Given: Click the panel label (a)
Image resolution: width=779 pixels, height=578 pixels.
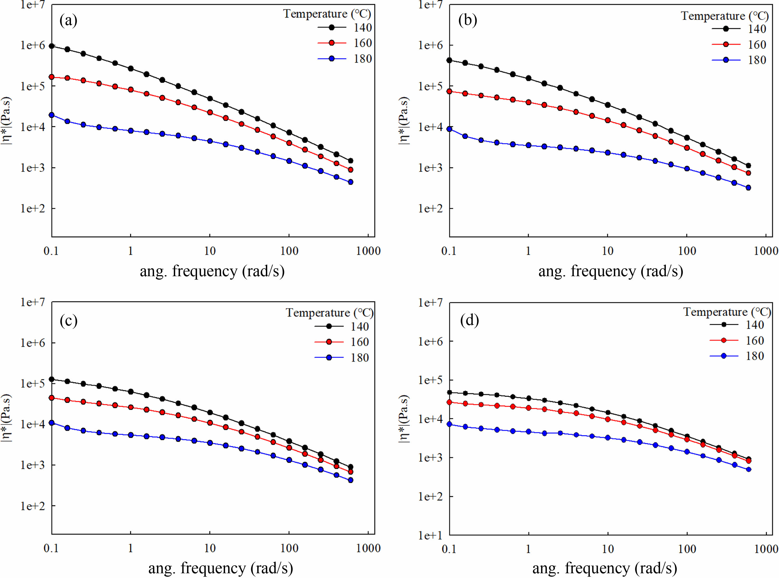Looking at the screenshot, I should click(68, 21).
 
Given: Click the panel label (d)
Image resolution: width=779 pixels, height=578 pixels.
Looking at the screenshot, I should click(469, 320).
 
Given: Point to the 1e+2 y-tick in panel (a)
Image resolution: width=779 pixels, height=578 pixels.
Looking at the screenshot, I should click(32, 208).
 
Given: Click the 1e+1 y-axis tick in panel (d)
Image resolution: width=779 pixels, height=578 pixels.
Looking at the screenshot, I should click(430, 535).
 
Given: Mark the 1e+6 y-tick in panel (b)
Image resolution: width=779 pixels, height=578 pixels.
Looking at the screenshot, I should click(430, 45).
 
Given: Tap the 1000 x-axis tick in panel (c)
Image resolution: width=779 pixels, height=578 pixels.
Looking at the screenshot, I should click(368, 548).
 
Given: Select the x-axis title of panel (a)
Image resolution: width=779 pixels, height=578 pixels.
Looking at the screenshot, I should click(212, 271).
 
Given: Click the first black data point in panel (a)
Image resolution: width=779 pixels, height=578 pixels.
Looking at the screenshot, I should click(52, 46).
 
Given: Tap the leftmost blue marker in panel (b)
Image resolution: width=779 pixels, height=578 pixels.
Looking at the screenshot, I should click(450, 129).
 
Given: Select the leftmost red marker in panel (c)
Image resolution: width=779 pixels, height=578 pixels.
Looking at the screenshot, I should click(52, 398).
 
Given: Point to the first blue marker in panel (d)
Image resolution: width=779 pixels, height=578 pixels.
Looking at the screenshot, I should click(450, 424).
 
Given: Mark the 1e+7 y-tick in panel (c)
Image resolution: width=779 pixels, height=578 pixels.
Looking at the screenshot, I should click(32, 302).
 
